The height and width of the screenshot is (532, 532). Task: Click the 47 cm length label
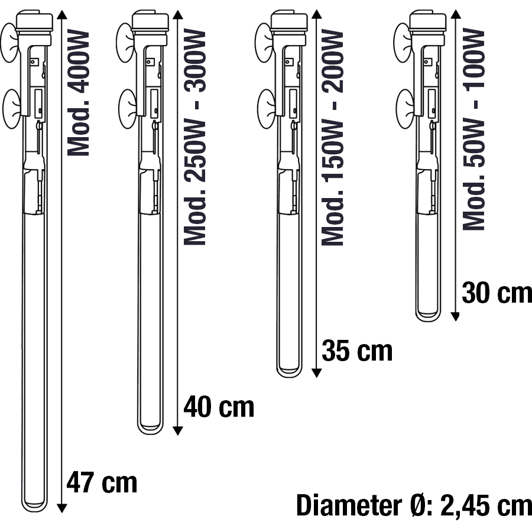tap(102, 482)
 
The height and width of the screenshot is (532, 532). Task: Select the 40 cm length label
tap(219, 407)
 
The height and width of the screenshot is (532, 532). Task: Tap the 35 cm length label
tap(357, 350)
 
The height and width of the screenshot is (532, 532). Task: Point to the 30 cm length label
tap(497, 293)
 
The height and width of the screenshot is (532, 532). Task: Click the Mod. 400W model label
tap(78, 93)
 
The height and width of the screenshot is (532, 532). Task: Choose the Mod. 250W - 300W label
tap(194, 137)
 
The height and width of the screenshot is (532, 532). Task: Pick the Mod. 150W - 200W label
tap(332, 137)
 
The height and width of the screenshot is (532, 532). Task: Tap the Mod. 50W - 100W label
tap(473, 129)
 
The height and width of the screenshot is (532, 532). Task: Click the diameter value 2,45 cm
tap(486, 505)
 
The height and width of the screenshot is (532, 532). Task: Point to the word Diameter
tap(349, 505)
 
